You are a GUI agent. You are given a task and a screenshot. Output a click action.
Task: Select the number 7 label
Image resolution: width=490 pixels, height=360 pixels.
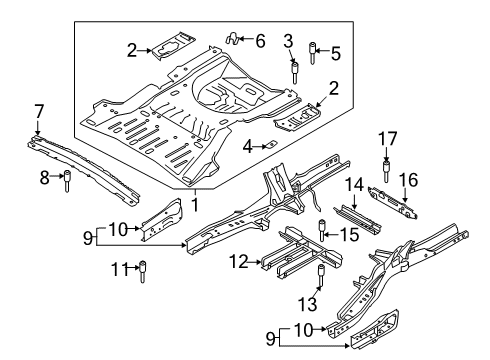(x=38, y=110)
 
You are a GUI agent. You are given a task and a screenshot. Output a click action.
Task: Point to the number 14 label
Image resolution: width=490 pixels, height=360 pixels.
(x=351, y=184)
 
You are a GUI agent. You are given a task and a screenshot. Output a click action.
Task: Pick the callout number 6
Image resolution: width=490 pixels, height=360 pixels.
(x=260, y=40)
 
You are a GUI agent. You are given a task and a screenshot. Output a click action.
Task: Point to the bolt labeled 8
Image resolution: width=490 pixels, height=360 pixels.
(x=67, y=183)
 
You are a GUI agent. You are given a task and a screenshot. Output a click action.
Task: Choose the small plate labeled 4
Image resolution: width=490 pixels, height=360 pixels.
(x=268, y=146)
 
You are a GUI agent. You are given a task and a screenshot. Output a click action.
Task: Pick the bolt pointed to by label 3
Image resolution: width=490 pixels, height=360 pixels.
(x=294, y=72)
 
